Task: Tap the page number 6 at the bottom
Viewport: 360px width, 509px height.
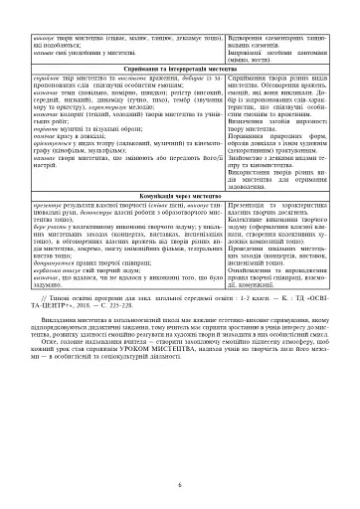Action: click(x=180, y=484)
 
